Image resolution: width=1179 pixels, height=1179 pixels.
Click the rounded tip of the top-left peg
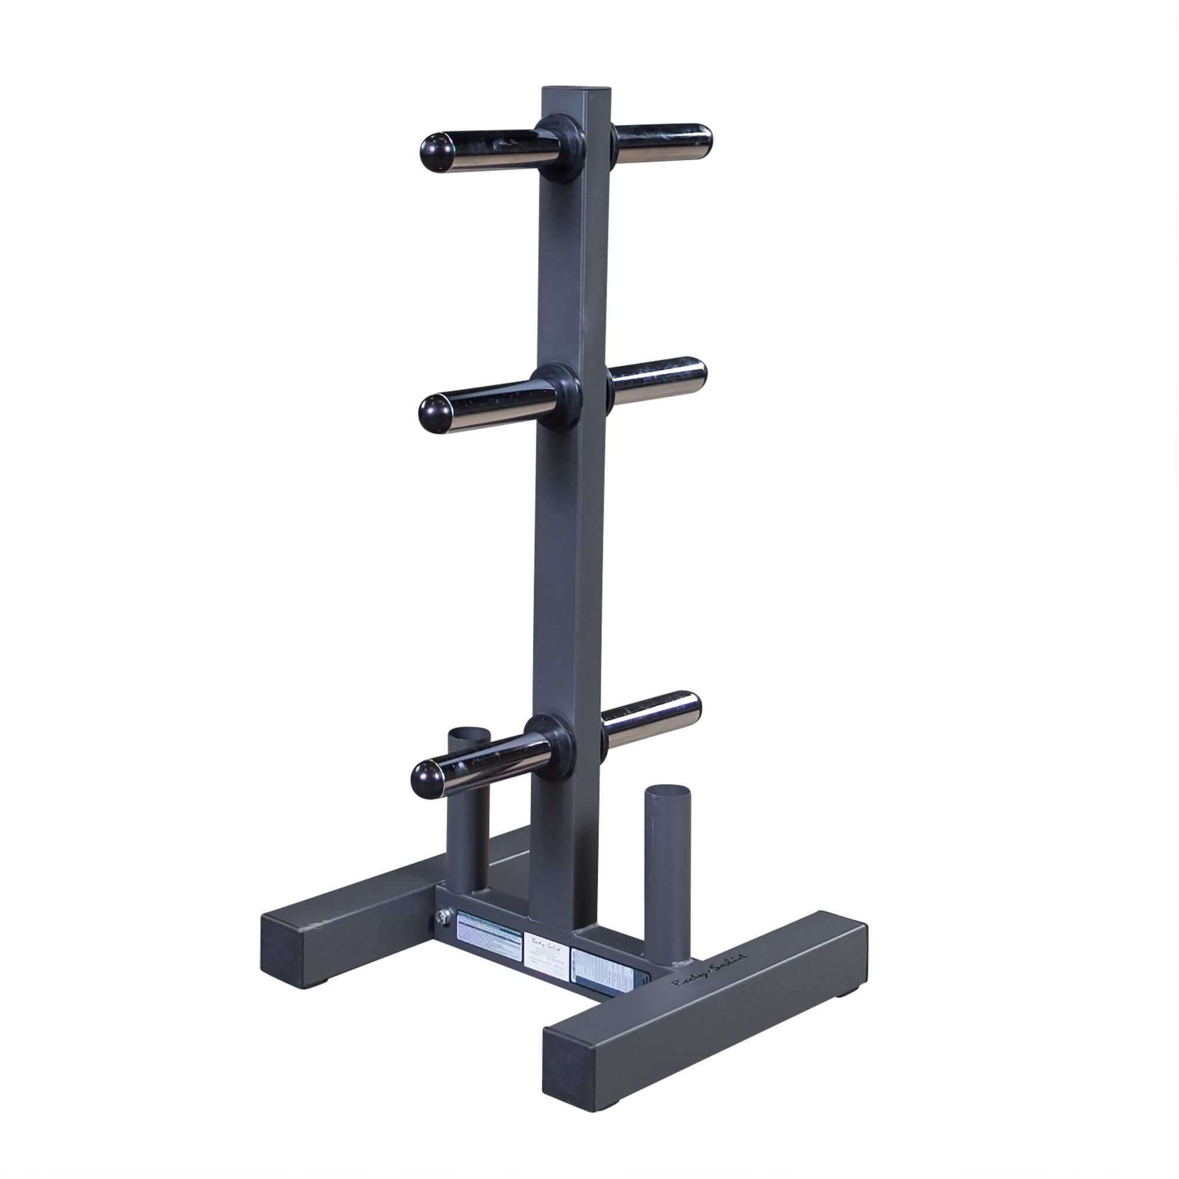point(434,150)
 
